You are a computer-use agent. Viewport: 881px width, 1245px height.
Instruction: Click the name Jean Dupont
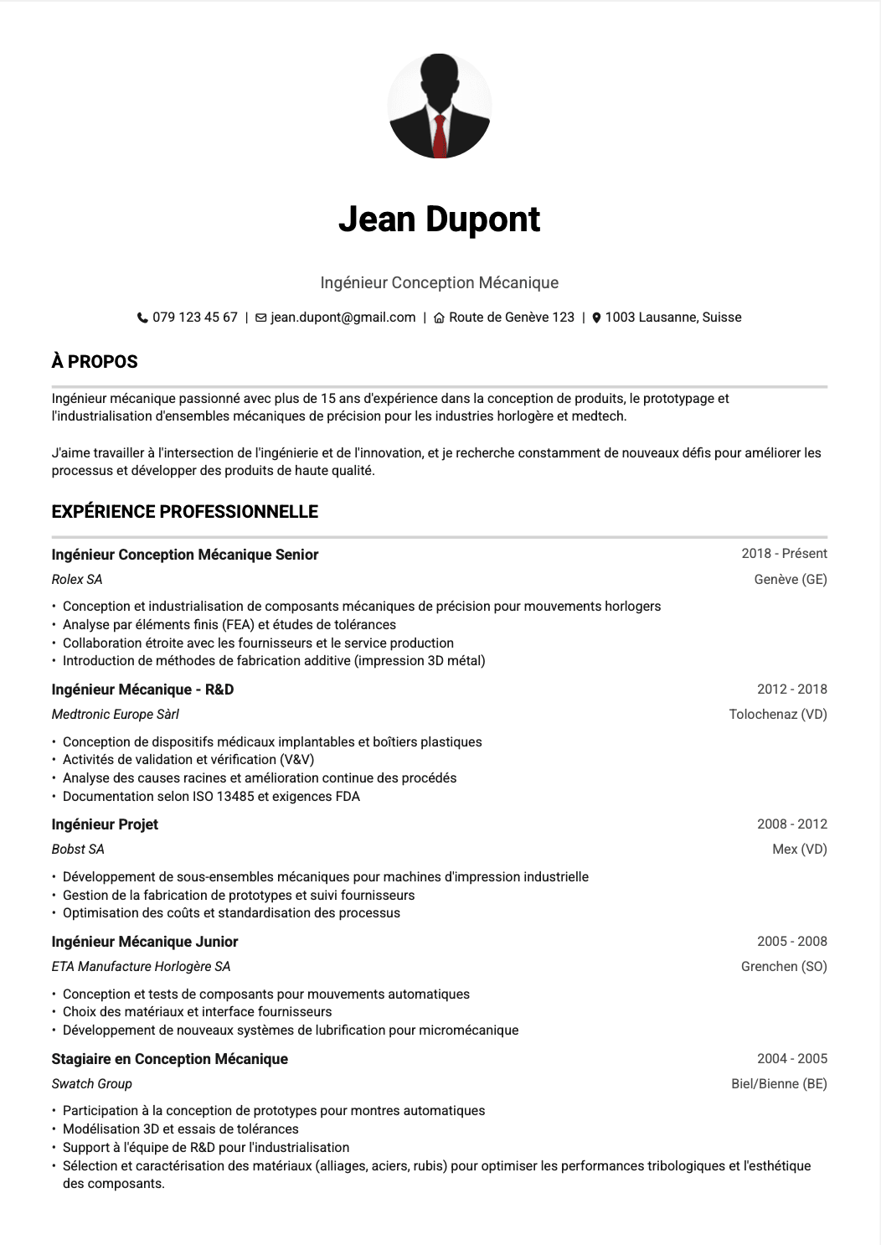[x=440, y=220]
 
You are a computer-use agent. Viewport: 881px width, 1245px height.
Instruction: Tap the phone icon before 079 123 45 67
[x=142, y=318]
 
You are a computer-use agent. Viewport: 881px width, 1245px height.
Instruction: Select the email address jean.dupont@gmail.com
[x=343, y=318]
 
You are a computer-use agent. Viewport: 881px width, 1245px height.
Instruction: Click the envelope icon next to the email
[x=261, y=318]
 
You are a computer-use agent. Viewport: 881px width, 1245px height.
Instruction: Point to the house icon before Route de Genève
[x=439, y=318]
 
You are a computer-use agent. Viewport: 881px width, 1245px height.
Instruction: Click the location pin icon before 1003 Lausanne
[x=596, y=318]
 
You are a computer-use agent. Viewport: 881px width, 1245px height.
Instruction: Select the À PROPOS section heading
[x=95, y=362]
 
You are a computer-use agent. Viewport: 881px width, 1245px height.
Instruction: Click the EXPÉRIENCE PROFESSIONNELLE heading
[x=185, y=512]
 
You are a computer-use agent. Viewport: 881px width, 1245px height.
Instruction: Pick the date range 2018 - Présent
[x=784, y=554]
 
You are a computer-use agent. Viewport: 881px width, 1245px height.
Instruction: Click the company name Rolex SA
[x=77, y=580]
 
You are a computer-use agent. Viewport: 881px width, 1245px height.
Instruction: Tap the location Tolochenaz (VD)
[x=778, y=715]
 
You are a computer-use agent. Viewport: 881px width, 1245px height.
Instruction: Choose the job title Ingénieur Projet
[x=105, y=824]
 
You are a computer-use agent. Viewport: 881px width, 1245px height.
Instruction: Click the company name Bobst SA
[x=78, y=850]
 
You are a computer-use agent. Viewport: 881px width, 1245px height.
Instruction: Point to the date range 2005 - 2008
[x=791, y=942]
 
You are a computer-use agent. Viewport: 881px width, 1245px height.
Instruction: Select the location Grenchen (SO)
[x=784, y=967]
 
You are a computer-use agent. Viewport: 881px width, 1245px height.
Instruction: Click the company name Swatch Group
[x=92, y=1084]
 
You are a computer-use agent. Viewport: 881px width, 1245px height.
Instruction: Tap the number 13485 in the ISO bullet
[x=235, y=797]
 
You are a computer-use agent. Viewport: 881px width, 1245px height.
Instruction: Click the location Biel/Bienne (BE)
[x=779, y=1084]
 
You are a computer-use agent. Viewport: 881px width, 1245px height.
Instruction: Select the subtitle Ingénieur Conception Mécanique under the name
[x=440, y=283]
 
